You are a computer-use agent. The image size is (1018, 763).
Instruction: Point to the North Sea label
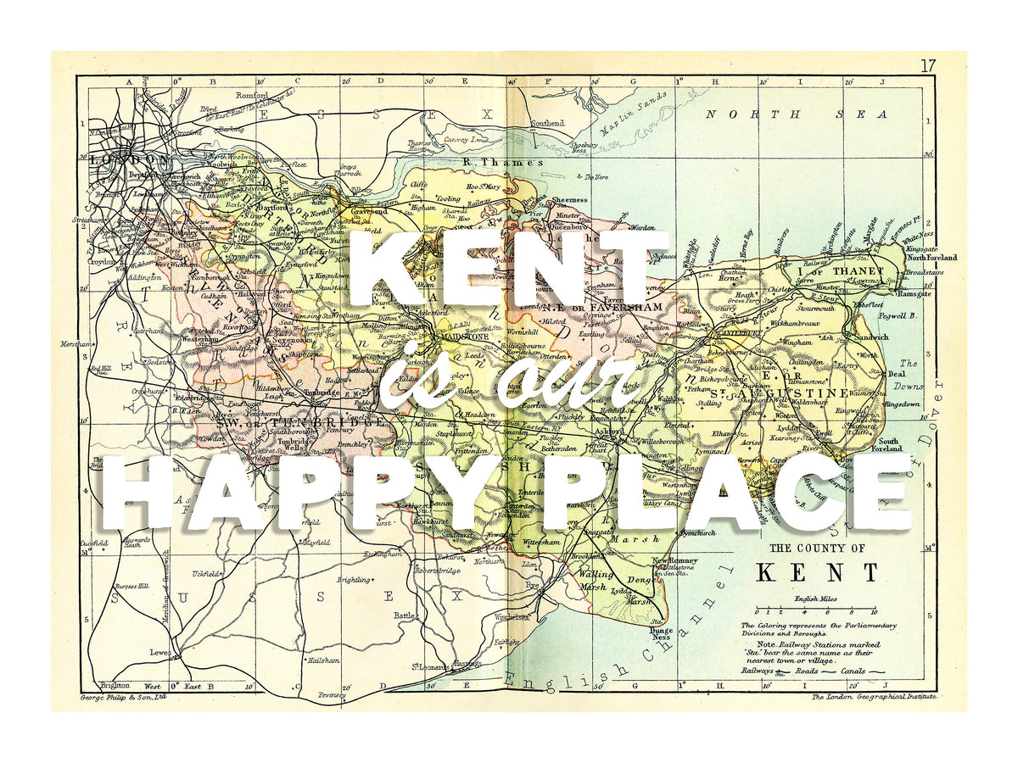(x=797, y=114)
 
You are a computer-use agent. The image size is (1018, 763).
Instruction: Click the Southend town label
(x=547, y=124)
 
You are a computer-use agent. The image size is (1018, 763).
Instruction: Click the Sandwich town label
(x=871, y=337)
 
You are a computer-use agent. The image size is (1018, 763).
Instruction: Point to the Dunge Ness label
(x=661, y=633)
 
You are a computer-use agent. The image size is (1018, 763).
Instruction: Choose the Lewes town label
(x=159, y=653)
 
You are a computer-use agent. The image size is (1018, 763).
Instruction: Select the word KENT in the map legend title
(x=817, y=572)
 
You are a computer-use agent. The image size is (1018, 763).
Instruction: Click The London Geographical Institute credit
(x=873, y=696)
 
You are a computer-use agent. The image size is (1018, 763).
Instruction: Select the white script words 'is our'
(x=509, y=381)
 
